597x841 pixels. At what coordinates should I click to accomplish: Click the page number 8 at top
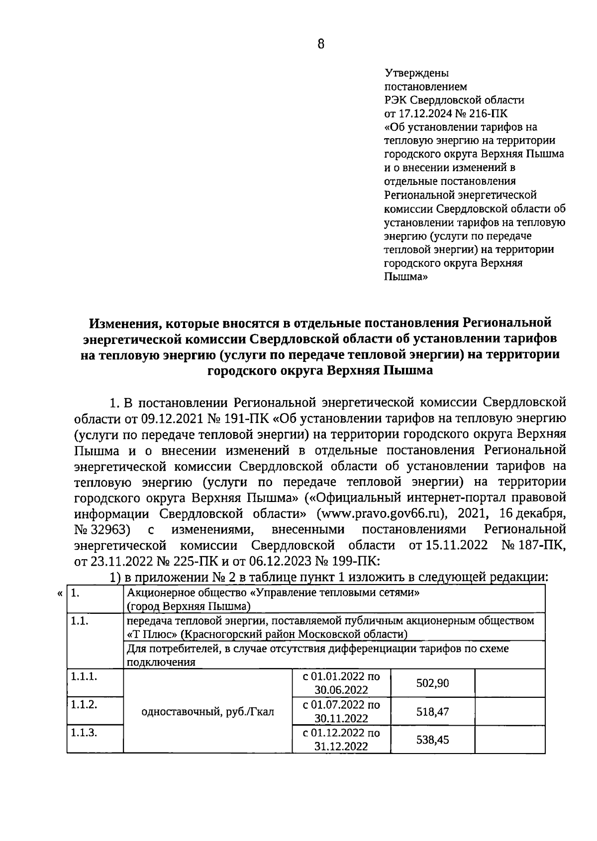320,44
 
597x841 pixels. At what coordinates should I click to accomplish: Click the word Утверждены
417,73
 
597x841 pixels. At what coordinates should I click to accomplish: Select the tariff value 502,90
432,683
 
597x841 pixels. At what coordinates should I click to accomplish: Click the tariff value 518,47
432,712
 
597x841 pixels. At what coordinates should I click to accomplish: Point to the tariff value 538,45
432,740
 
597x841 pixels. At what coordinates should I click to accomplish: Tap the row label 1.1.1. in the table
84,676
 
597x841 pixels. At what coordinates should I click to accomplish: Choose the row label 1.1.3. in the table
84,733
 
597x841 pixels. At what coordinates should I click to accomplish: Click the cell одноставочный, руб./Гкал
207,712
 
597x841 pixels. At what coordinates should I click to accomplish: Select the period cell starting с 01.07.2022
341,712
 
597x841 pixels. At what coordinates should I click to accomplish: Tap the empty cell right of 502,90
509,683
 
